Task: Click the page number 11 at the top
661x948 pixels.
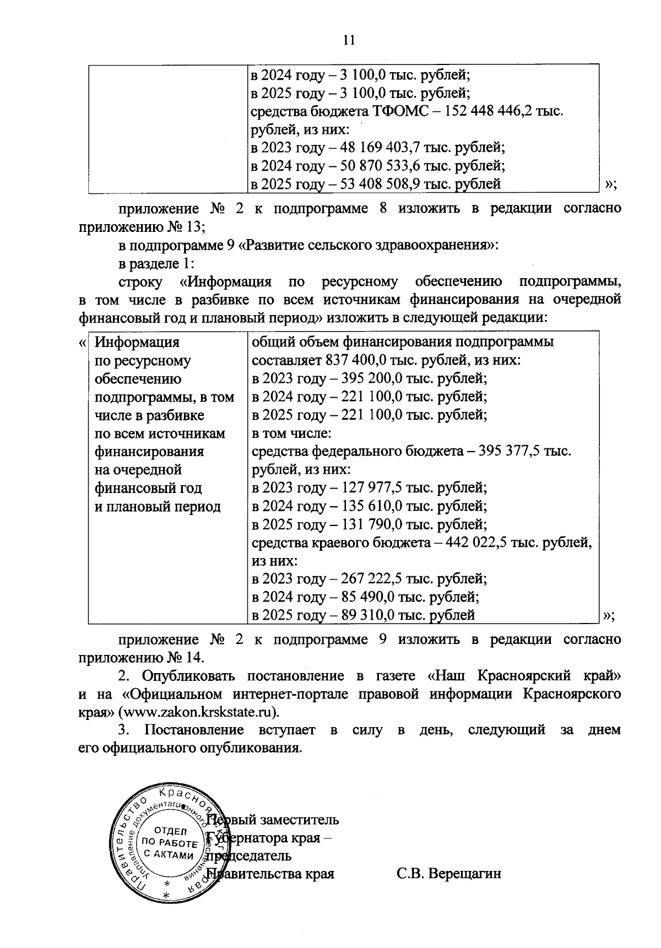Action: pyautogui.click(x=347, y=40)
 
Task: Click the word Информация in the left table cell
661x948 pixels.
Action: pyautogui.click(x=137, y=343)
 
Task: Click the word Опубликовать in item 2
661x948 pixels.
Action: pyautogui.click(x=188, y=676)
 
